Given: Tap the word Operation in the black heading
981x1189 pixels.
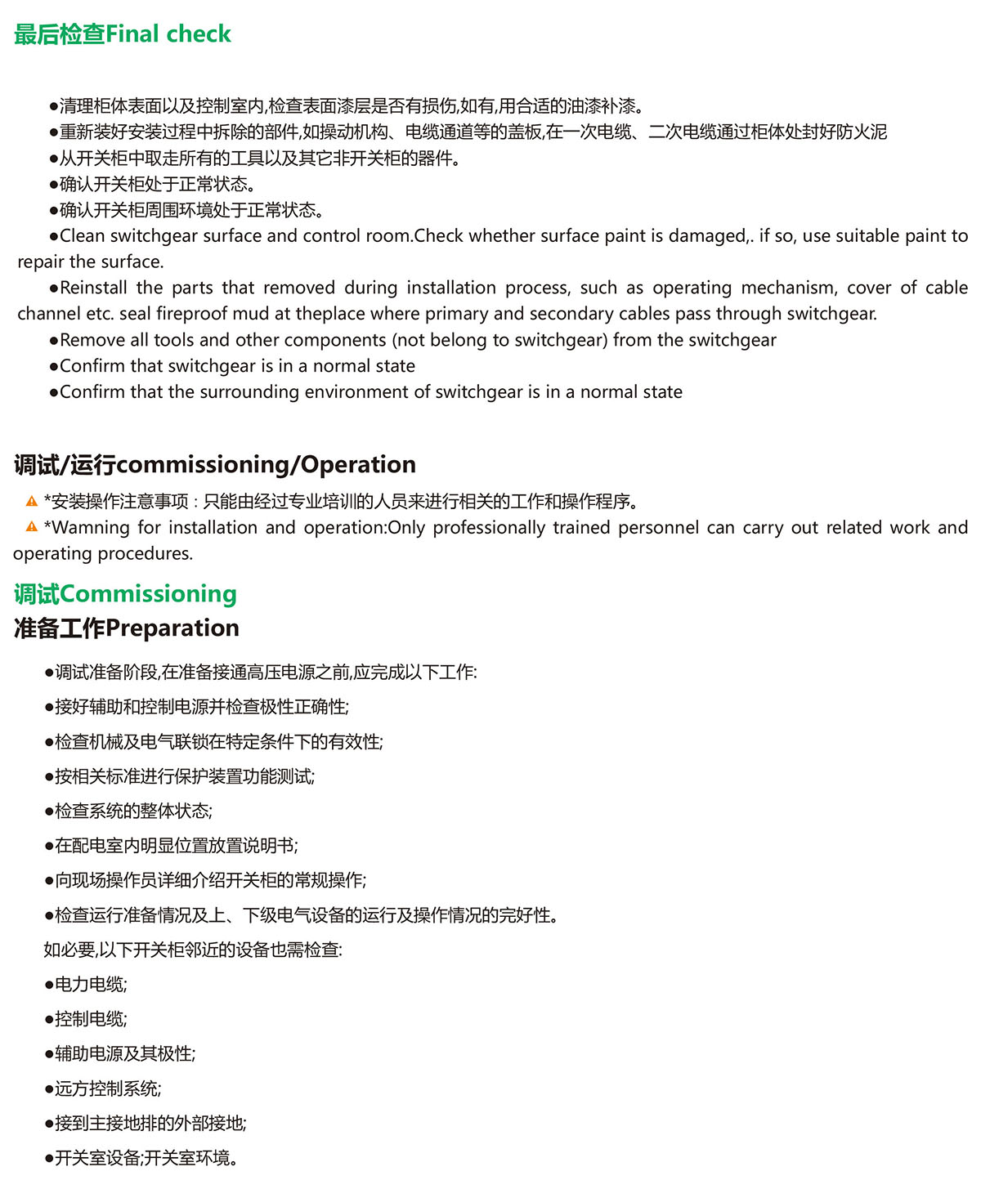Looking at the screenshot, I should pyautogui.click(x=359, y=465).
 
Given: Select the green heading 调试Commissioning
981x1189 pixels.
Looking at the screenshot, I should pyautogui.click(x=125, y=594).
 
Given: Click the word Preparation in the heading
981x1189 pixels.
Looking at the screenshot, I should pyautogui.click(x=172, y=628).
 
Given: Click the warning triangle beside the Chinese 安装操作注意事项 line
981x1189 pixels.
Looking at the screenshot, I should pyautogui.click(x=32, y=502).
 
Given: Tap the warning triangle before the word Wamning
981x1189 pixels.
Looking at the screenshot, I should pyautogui.click(x=32, y=527).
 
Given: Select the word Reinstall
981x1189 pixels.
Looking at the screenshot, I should pyautogui.click(x=93, y=288).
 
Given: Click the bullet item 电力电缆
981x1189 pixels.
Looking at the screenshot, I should pyautogui.click(x=90, y=985).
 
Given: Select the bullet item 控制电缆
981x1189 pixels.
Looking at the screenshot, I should pyautogui.click(x=90, y=1019).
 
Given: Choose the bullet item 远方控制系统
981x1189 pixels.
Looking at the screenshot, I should pyautogui.click(x=107, y=1088).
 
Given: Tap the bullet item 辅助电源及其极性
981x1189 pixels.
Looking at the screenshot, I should pyautogui.click(x=124, y=1054).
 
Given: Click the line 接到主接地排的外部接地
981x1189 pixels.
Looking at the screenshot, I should pyautogui.click(x=150, y=1124).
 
